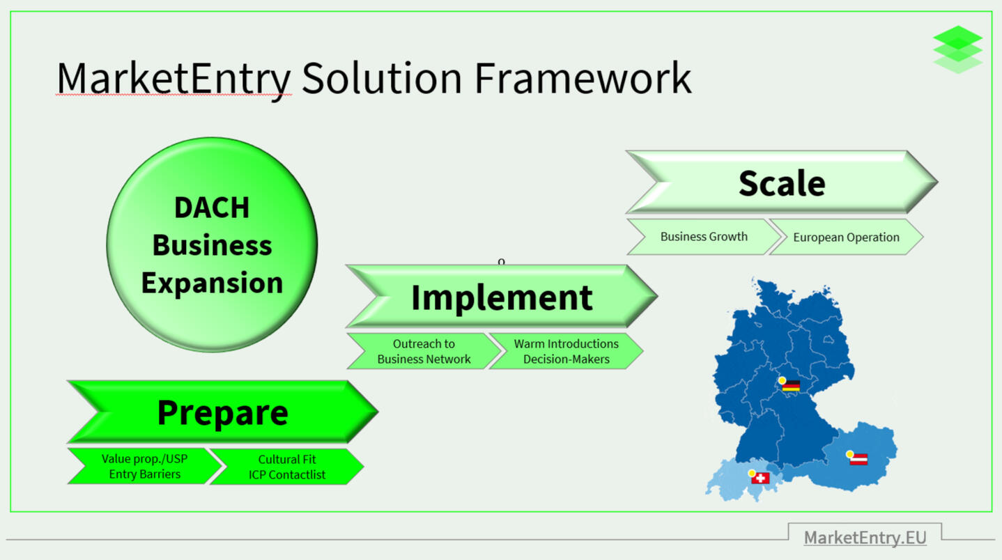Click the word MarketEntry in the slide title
[173, 78]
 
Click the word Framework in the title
[583, 78]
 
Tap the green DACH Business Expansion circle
[212, 244]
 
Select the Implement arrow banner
[501, 297]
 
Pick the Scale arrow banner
[781, 182]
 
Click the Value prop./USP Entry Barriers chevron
[144, 467]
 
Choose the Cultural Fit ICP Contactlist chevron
[286, 467]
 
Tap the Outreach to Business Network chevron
[424, 352]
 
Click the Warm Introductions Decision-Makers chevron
[566, 352]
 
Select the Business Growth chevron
[704, 237]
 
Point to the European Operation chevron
[846, 238]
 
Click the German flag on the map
[791, 386]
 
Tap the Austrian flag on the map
[858, 460]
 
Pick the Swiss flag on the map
[761, 479]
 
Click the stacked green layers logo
[957, 49]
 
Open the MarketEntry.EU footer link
[865, 538]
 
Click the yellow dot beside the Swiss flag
[752, 474]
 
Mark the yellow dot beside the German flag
[783, 381]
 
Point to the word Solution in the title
[382, 78]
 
